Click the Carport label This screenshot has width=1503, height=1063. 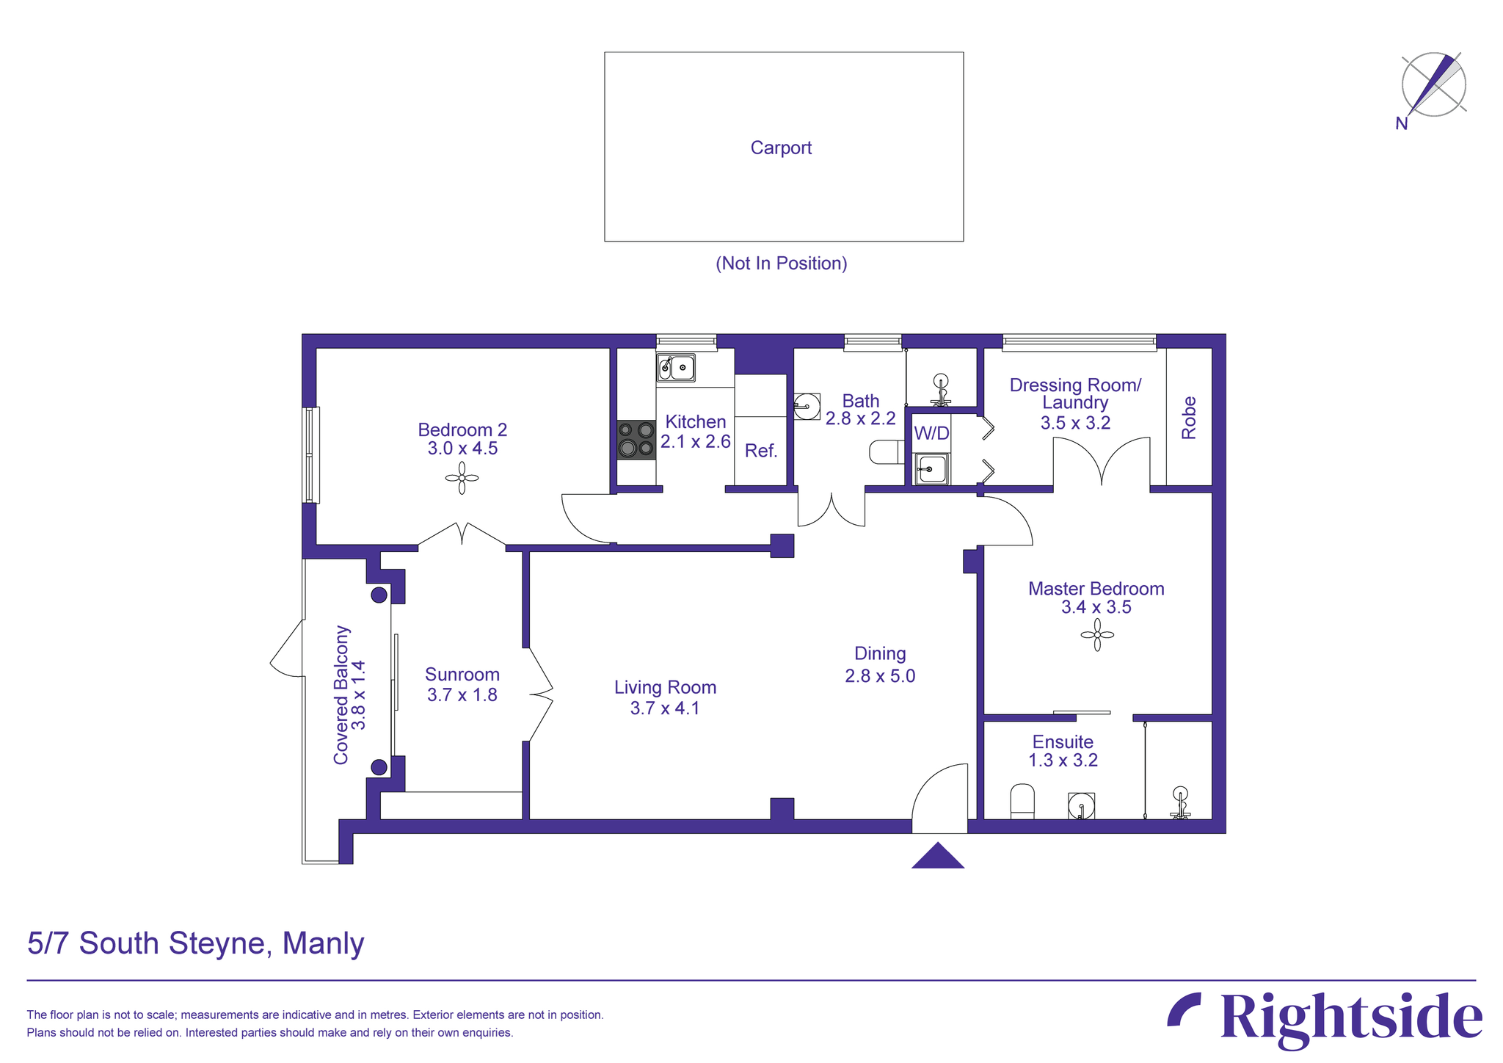781,148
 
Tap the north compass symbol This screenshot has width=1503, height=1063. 1433,85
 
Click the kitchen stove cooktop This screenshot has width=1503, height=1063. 636,439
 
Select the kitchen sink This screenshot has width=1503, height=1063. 676,367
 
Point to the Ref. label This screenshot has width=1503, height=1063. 760,451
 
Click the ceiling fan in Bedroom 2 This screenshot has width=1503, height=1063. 462,478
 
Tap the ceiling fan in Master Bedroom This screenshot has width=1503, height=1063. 1097,634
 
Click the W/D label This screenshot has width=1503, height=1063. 931,433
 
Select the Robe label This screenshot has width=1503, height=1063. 1189,418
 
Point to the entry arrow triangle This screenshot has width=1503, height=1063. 938,857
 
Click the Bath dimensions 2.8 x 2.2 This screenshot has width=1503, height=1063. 860,419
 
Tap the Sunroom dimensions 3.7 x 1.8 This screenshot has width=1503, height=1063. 462,694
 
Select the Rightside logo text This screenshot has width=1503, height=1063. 1350,1018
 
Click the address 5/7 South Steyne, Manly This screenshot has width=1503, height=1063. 196,943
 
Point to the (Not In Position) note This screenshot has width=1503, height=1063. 781,264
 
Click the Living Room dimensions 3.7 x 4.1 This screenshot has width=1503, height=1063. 664,708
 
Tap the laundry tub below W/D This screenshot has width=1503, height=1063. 931,468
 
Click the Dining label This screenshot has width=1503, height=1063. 880,653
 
